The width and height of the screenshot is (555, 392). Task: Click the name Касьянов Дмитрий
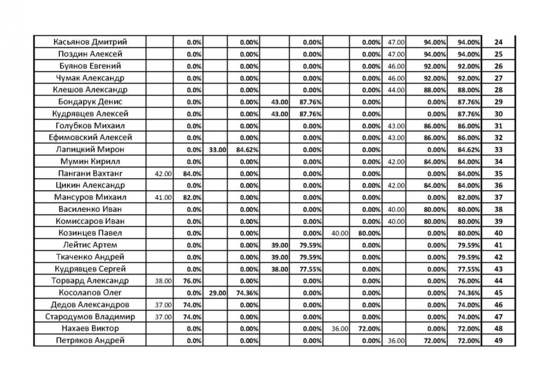[x=90, y=42]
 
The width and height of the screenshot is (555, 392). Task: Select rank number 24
[x=498, y=43]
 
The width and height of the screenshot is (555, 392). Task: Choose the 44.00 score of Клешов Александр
[x=396, y=90]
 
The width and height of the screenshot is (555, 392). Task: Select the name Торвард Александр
[x=90, y=281]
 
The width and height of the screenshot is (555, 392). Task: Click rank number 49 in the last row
[x=498, y=341]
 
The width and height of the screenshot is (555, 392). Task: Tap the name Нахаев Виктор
[x=90, y=329]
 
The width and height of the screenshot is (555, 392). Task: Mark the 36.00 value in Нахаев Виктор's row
[x=340, y=329]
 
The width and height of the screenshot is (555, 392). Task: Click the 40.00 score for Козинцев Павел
[x=340, y=233]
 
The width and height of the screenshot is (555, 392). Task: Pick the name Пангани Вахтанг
[x=90, y=174]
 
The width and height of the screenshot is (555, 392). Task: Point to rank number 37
[x=498, y=197]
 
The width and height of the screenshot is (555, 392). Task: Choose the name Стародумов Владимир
[x=90, y=317]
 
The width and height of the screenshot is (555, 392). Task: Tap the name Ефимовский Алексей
[x=90, y=138]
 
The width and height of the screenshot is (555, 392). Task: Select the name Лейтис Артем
[x=90, y=245]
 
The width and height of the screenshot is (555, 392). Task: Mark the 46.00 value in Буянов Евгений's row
[x=396, y=66]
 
